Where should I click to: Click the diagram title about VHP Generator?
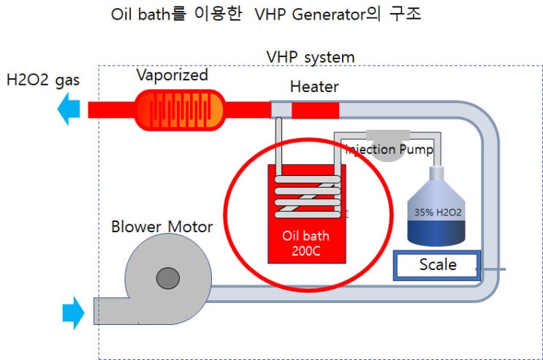[267, 15]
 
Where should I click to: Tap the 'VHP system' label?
[311, 56]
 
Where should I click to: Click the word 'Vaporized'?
[172, 74]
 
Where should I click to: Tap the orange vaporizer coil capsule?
[180, 110]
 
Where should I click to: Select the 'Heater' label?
[314, 87]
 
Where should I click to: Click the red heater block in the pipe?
[315, 110]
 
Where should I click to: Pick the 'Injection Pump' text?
[389, 150]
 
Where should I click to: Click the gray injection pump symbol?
[387, 136]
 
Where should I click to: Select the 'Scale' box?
[436, 265]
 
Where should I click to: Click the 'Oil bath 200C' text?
[305, 244]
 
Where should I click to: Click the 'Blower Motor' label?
[162, 226]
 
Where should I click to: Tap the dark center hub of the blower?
[167, 277]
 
